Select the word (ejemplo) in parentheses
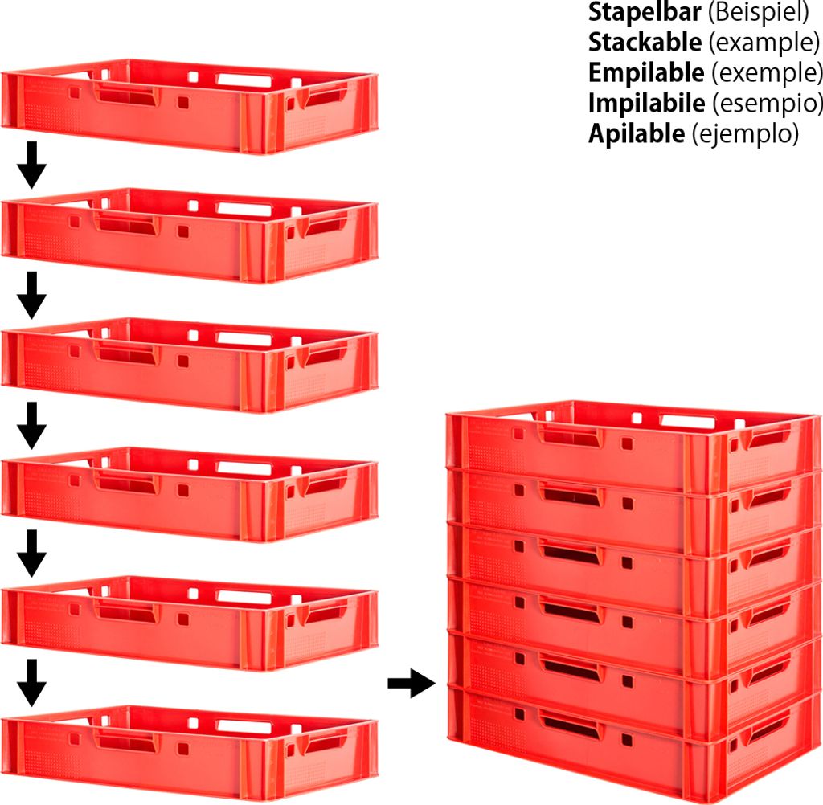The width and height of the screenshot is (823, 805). pos(745,133)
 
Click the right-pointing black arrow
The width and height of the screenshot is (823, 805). pos(411,684)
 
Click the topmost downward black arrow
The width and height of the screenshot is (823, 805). pos(31,165)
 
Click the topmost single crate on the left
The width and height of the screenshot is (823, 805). pos(189,104)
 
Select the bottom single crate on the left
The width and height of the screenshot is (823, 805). pos(189,751)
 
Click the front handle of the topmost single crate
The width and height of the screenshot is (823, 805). pos(125,95)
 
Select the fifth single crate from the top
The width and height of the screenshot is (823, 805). pos(189,623)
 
